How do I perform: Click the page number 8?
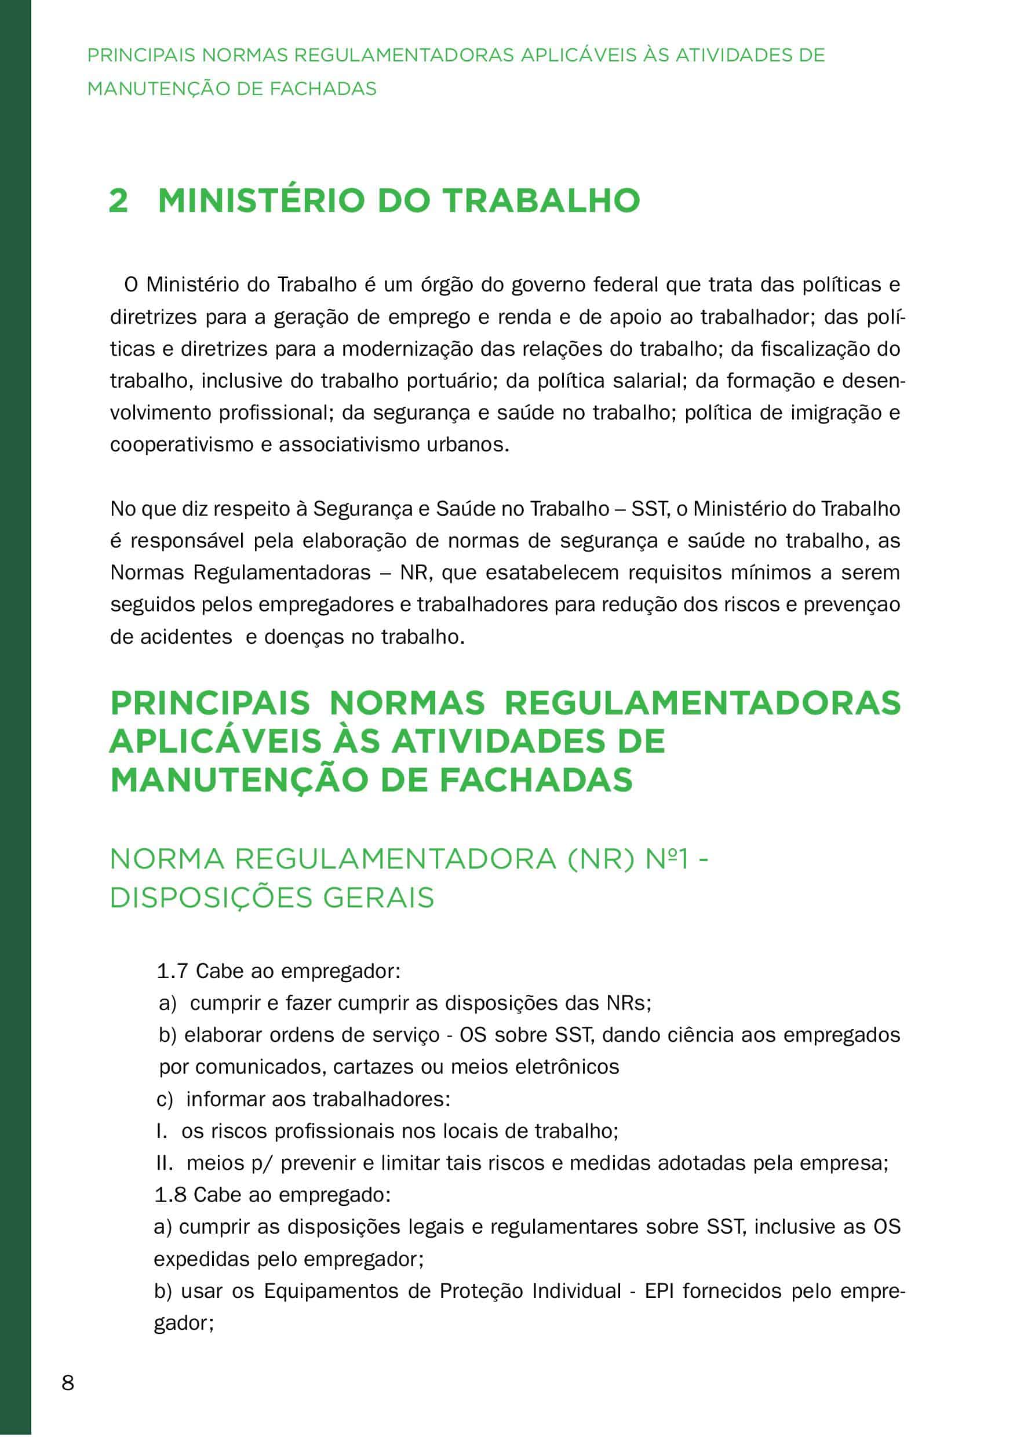click(x=68, y=1382)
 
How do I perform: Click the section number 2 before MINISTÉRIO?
click(x=118, y=201)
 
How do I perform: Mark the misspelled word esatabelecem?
click(x=552, y=572)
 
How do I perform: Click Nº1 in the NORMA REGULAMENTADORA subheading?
click(x=667, y=859)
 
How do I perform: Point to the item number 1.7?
click(x=172, y=972)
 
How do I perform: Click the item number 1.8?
click(x=170, y=1195)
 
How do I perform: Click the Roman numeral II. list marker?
click(x=165, y=1163)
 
